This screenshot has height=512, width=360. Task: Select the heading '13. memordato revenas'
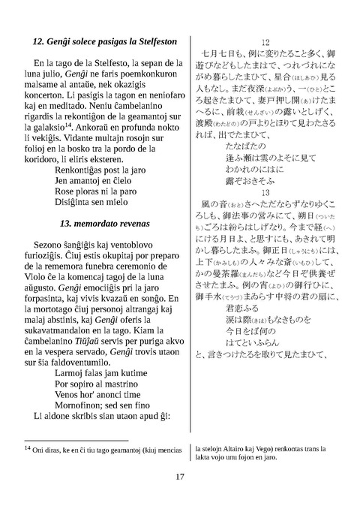[105, 202]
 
